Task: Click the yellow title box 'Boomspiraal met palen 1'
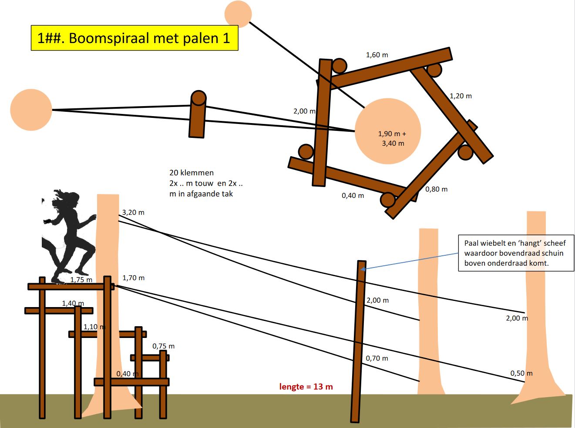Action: pyautogui.click(x=135, y=38)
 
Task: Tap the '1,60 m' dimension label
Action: pyautogui.click(x=377, y=55)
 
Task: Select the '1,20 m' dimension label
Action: pyautogui.click(x=461, y=96)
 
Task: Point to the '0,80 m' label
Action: pyautogui.click(x=436, y=189)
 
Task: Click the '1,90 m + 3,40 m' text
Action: pyautogui.click(x=392, y=138)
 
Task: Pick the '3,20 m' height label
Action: pyautogui.click(x=133, y=212)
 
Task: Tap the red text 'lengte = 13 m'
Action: pyautogui.click(x=306, y=387)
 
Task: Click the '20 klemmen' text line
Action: pyautogui.click(x=192, y=173)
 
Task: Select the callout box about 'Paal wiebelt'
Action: pyautogui.click(x=516, y=253)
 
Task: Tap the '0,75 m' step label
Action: pyautogui.click(x=163, y=346)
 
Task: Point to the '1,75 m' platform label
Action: pyautogui.click(x=81, y=280)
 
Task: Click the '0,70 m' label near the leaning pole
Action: pyautogui.click(x=377, y=358)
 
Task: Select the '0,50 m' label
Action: pyautogui.click(x=521, y=373)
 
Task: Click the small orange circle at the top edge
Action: pyautogui.click(x=238, y=13)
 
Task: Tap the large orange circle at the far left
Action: pyautogui.click(x=31, y=110)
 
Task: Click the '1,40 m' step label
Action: pyautogui.click(x=73, y=303)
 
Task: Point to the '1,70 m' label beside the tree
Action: pyautogui.click(x=133, y=278)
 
